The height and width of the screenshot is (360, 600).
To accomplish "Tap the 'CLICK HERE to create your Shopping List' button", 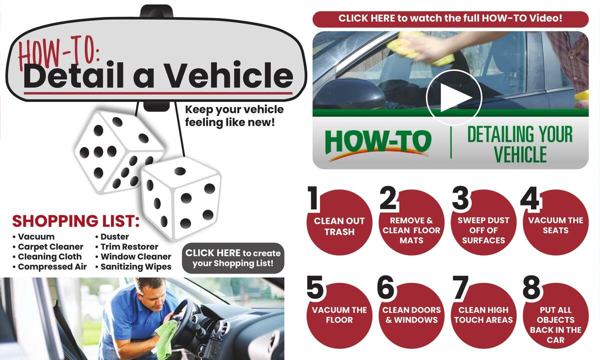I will tap(232, 258).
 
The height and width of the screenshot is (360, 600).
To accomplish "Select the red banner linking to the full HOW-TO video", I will tap(450, 18).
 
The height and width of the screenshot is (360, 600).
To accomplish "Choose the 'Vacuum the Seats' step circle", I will tap(555, 225).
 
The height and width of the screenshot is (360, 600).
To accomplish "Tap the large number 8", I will tap(531, 288).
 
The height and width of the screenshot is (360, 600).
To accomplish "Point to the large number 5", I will tap(316, 288).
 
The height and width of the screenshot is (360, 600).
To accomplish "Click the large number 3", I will tap(460, 198).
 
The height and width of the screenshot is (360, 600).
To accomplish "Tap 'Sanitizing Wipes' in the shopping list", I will tap(135, 266).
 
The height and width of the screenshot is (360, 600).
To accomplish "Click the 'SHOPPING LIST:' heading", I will tap(75, 221).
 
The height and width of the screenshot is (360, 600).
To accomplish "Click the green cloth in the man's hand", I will tap(167, 332).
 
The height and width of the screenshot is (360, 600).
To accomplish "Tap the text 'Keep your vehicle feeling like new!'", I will tap(234, 115).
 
